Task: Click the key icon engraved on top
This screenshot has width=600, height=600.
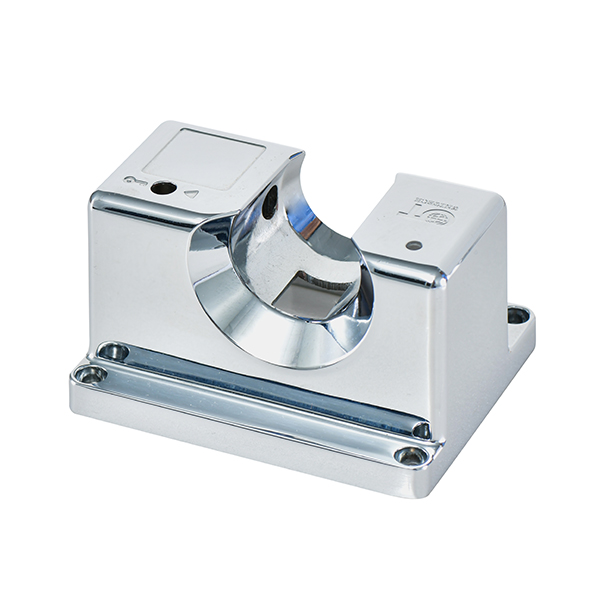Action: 134,181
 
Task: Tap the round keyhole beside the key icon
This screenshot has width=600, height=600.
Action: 162,187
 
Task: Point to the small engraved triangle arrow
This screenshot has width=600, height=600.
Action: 191,194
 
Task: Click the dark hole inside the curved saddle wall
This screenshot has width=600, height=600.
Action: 270,202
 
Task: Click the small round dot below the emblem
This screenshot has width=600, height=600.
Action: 413,244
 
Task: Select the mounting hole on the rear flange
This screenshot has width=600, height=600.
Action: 517,316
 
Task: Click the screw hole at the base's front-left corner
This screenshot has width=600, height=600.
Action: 91,374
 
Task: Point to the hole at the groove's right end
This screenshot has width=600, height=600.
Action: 421,430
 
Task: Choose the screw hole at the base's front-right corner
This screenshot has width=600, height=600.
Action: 410,456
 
